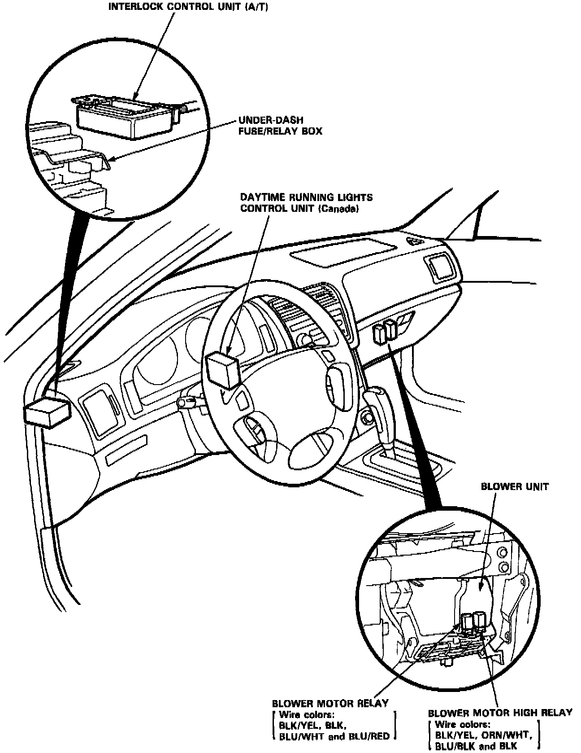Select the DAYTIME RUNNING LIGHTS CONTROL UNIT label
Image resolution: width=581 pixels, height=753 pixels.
tap(307, 203)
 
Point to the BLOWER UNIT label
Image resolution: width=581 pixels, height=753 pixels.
tap(514, 487)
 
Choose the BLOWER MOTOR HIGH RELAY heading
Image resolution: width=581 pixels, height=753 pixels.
tap(500, 713)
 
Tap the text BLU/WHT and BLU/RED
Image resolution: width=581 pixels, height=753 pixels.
tap(334, 736)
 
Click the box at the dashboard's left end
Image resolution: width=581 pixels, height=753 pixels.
tap(47, 412)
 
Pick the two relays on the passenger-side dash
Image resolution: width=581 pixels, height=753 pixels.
tap(385, 333)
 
